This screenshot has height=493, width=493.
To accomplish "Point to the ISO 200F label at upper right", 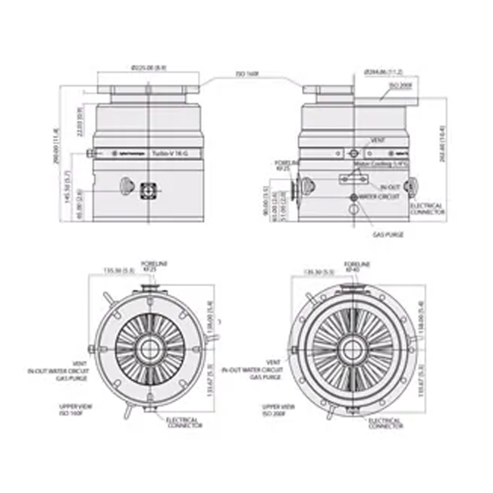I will pos(400,86).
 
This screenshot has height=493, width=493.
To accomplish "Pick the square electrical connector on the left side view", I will pos(148,186).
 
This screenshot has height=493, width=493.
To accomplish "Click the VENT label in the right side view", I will pos(378,141).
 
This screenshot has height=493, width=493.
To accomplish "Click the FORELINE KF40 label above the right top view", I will pos(350,265).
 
